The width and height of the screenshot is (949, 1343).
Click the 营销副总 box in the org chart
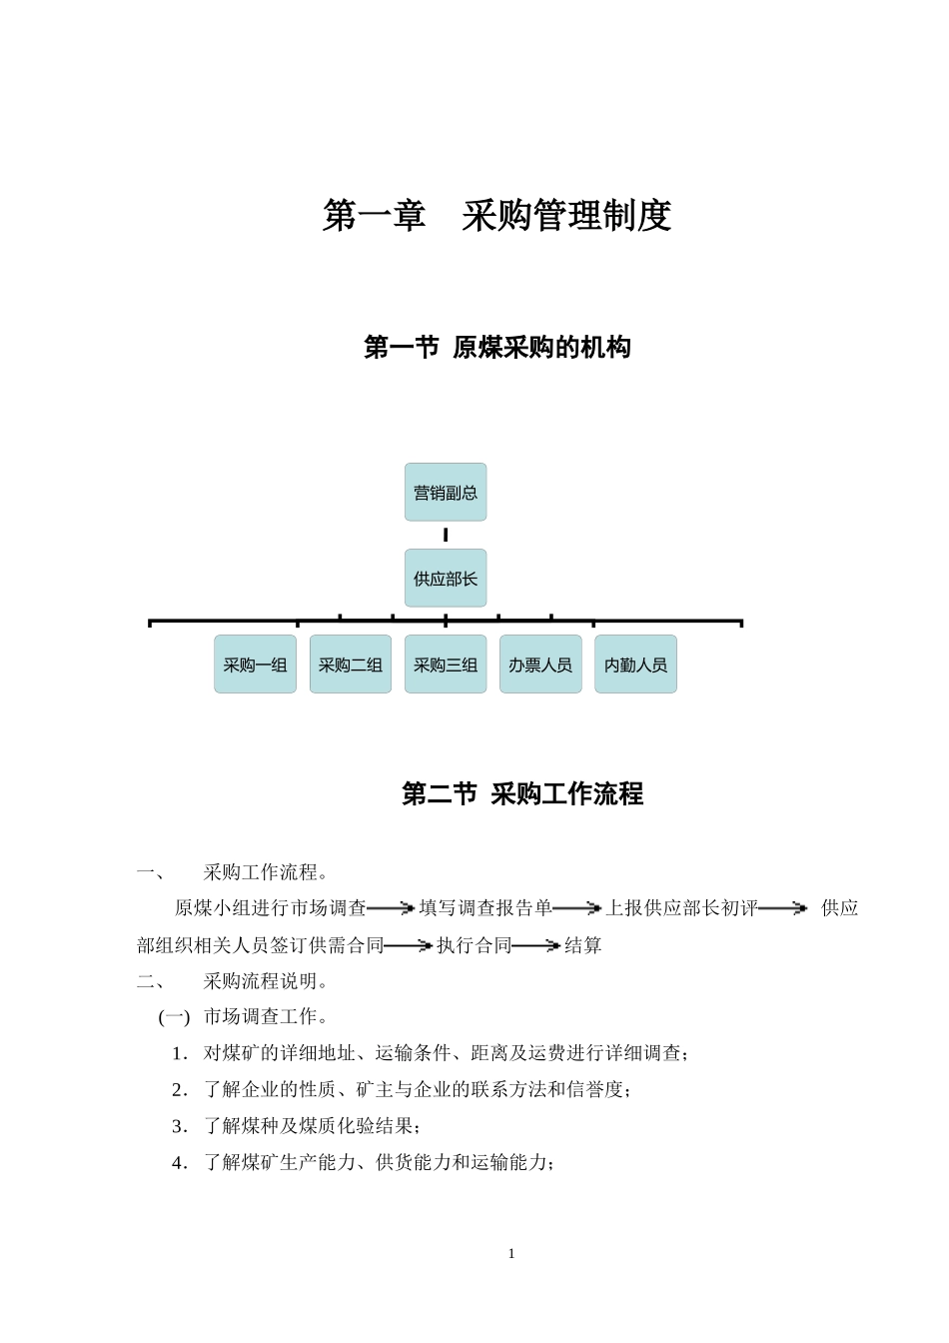click(x=446, y=492)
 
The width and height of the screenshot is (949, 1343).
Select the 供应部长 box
click(x=446, y=578)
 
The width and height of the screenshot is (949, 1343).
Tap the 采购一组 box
click(x=255, y=665)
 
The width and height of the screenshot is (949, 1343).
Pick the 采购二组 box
click(x=351, y=665)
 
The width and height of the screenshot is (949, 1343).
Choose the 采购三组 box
click(x=446, y=665)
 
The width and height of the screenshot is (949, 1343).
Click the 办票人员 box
click(x=540, y=665)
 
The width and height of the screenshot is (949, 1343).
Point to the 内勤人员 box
click(x=635, y=665)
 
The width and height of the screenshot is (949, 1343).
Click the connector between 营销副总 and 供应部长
click(x=446, y=536)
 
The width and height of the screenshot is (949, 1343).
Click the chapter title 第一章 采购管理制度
click(x=496, y=215)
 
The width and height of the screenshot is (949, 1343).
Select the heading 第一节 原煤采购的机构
click(x=496, y=348)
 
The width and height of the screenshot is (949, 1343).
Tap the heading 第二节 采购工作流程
click(x=522, y=793)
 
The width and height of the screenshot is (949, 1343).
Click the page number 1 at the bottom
click(x=511, y=1254)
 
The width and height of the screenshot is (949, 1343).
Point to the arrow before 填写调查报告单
click(x=391, y=908)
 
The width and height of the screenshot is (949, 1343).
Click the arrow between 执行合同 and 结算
click(x=536, y=945)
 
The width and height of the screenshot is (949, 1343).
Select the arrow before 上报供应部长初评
click(x=576, y=908)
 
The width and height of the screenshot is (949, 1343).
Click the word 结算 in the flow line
click(x=583, y=945)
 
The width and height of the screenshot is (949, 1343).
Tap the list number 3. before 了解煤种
click(x=180, y=1126)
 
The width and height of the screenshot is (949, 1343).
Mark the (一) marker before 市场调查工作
click(x=174, y=1017)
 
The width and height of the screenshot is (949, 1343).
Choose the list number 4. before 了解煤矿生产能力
click(x=180, y=1162)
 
